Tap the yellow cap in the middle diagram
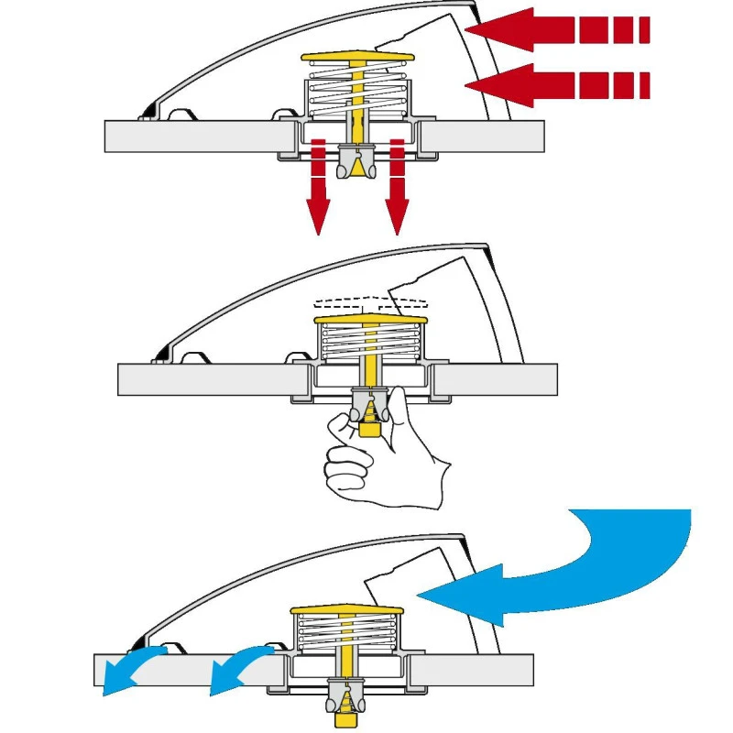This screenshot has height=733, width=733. point(371,320)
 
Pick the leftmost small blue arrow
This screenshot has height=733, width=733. point(128,669)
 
